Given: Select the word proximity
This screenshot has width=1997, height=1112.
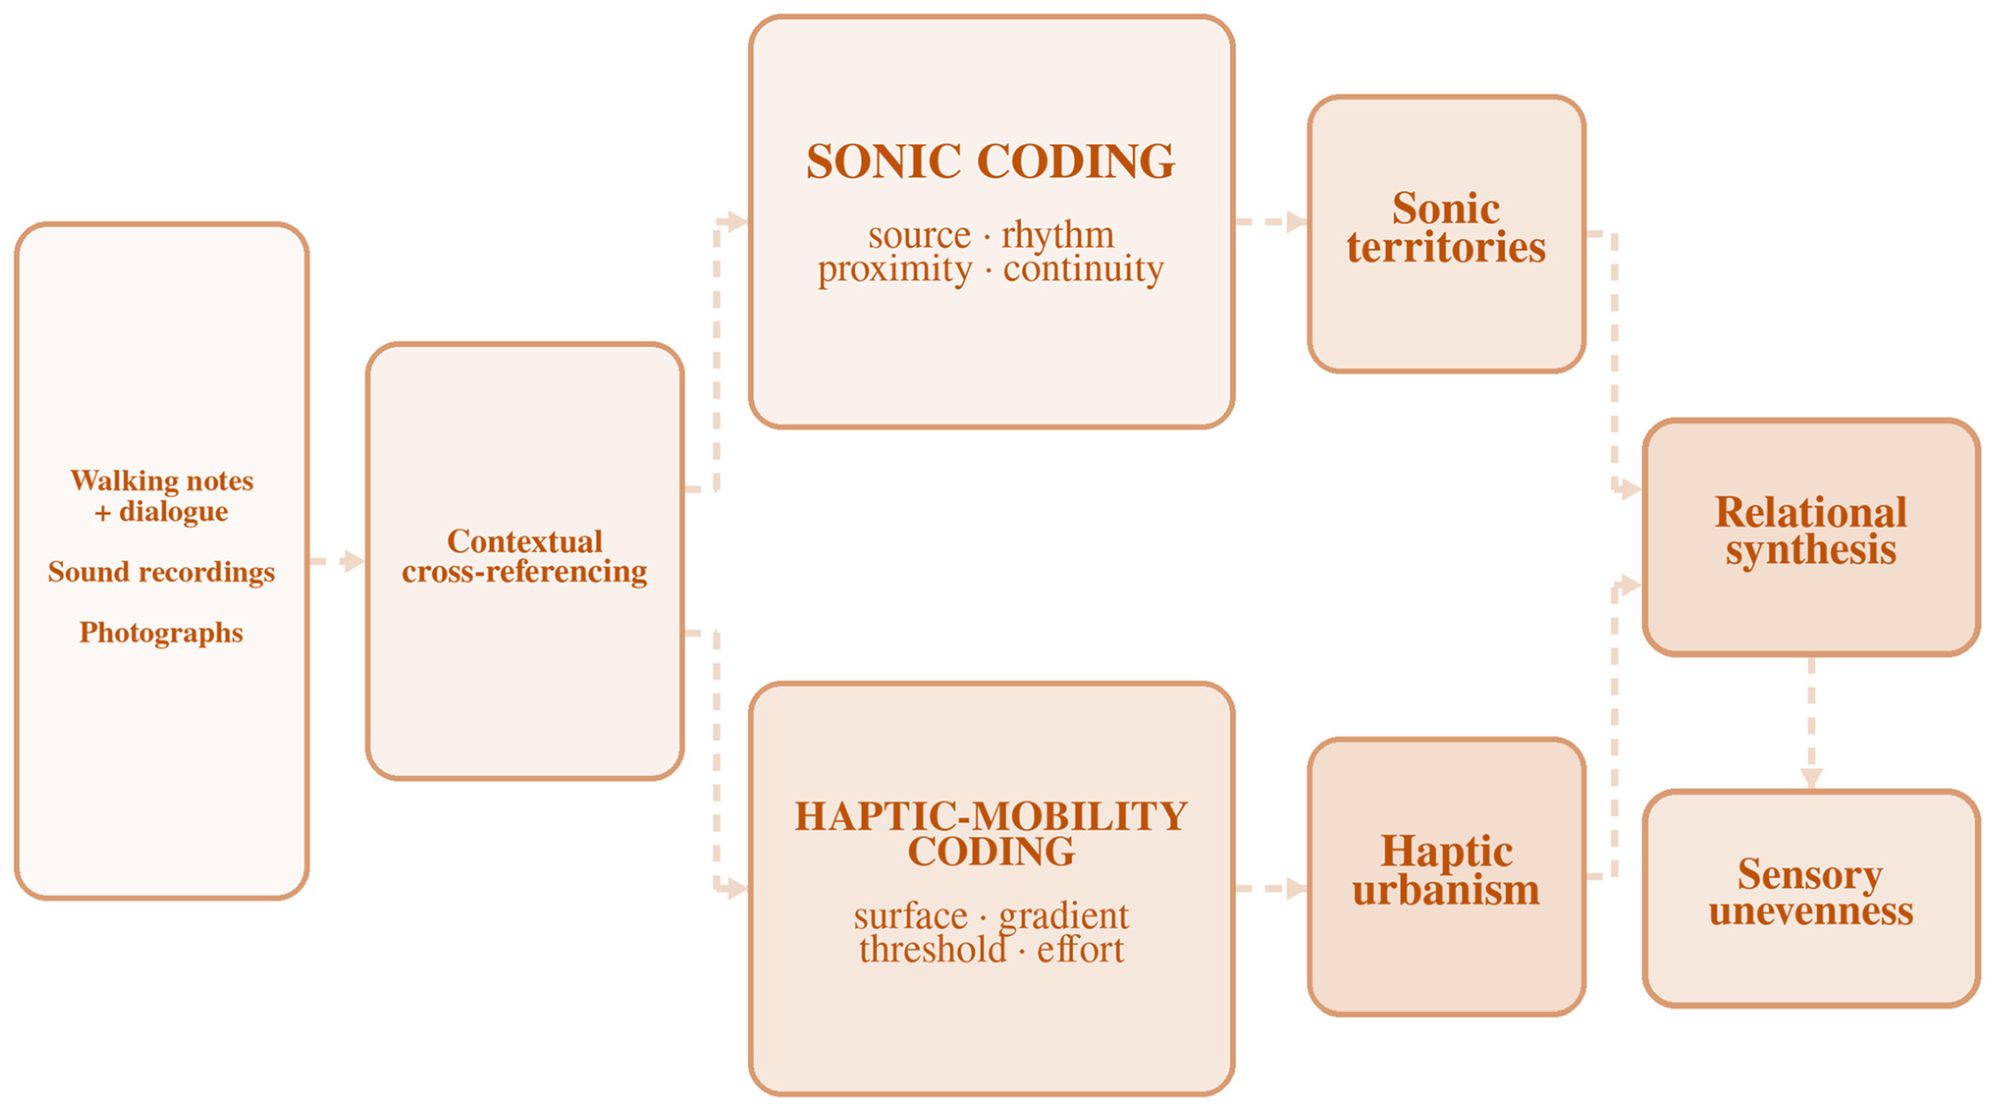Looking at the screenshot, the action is pyautogui.click(x=894, y=270).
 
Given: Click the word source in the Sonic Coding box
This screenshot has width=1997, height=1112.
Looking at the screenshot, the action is pyautogui.click(x=920, y=236).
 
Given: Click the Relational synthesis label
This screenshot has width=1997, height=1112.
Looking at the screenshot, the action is pyautogui.click(x=1811, y=530).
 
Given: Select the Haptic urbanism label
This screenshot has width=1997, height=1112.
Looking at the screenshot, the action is pyautogui.click(x=1446, y=870).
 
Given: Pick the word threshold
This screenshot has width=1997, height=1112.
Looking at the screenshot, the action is pyautogui.click(x=933, y=949).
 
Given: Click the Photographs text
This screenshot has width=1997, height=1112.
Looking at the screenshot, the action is pyautogui.click(x=161, y=633).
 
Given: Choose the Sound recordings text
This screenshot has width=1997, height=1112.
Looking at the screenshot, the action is pyautogui.click(x=161, y=572).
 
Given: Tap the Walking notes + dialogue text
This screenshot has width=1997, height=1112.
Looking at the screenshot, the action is pyautogui.click(x=162, y=496).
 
